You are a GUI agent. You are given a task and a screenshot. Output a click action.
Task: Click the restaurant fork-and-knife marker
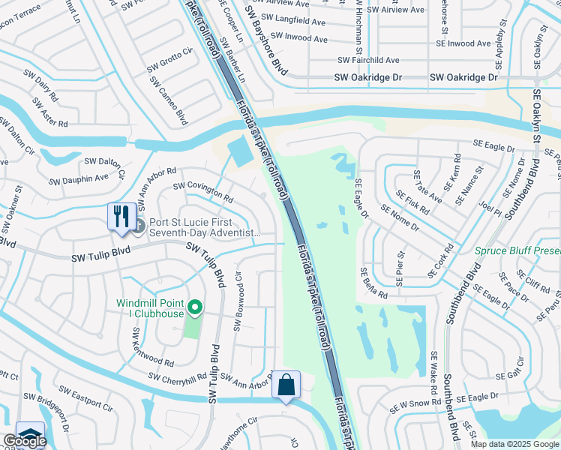(118, 217)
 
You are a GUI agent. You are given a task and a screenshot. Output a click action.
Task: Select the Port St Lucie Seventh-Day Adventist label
(199, 227)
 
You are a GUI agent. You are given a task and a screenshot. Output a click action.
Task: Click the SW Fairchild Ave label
(368, 60)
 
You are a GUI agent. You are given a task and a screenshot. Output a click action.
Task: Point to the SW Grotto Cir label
(172, 58)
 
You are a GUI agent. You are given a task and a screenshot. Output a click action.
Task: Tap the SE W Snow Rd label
(409, 405)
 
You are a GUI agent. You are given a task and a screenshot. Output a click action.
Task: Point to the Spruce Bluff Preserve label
(517, 252)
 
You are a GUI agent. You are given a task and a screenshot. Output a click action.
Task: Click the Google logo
(24, 441)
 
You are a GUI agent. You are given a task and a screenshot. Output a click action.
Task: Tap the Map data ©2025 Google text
(515, 444)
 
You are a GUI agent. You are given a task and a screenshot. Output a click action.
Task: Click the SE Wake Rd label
(433, 374)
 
